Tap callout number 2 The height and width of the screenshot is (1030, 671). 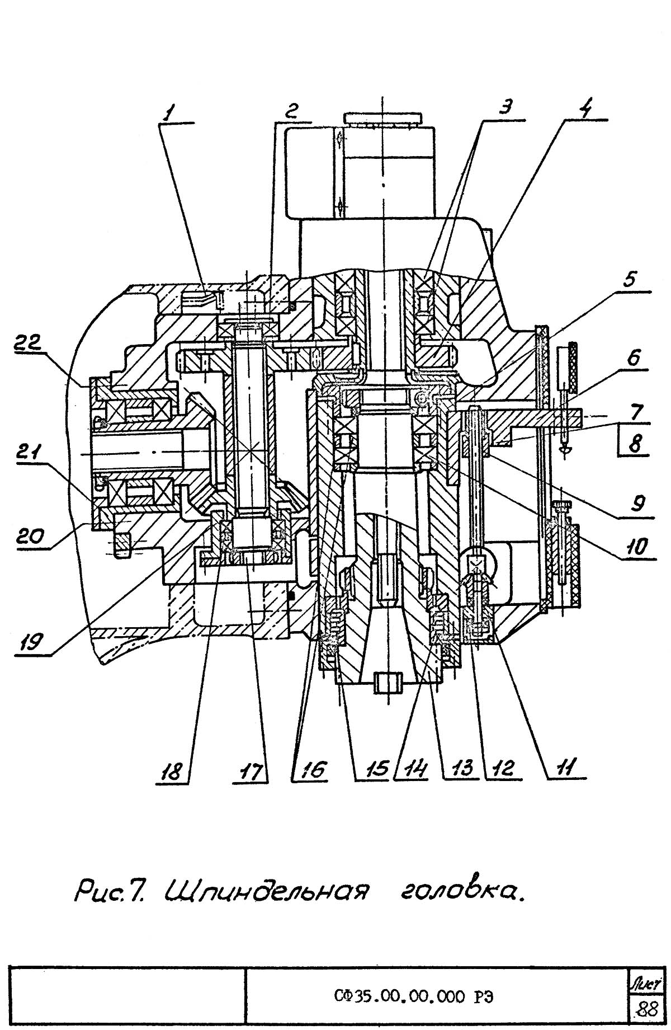click(290, 111)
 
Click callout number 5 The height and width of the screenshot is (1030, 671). click(630, 280)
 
